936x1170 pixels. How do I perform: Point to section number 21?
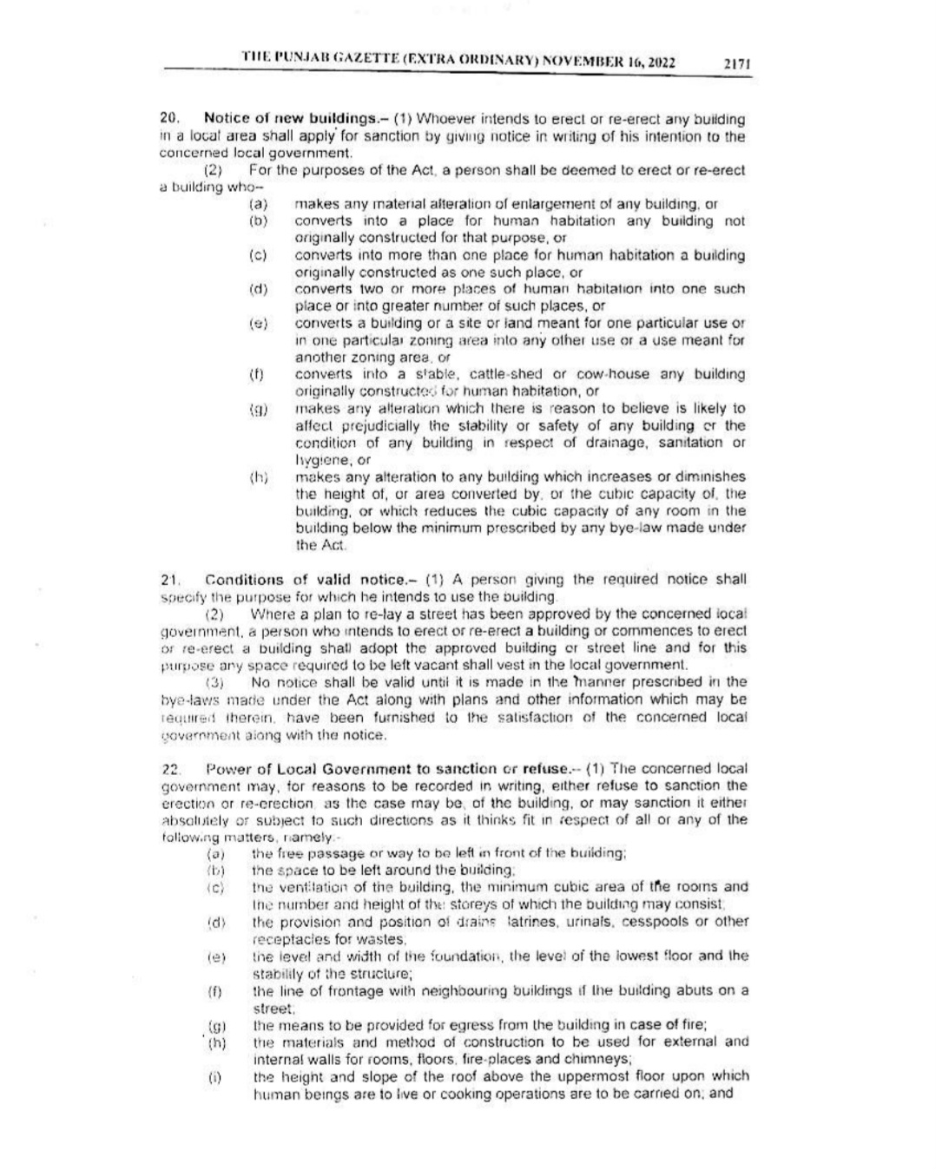click(x=169, y=579)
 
